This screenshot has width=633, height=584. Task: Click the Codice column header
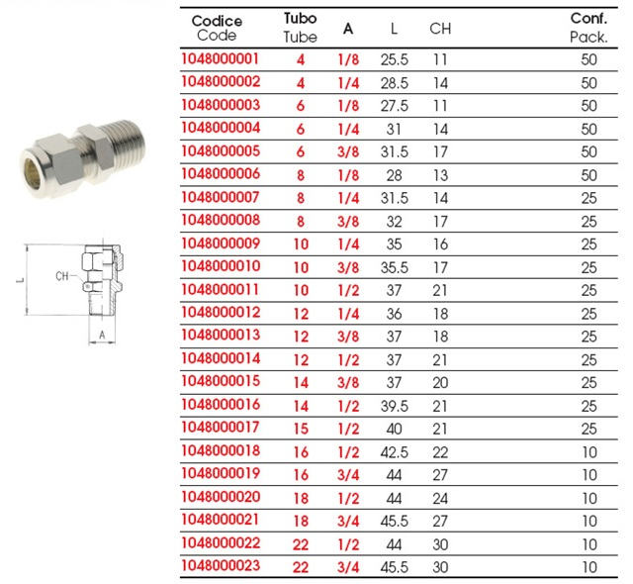pyautogui.click(x=217, y=28)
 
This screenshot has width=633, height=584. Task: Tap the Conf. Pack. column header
pyautogui.click(x=588, y=28)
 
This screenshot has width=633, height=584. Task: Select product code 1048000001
pyautogui.click(x=220, y=59)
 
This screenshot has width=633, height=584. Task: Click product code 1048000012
pyautogui.click(x=221, y=313)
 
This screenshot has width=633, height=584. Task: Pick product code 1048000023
pyautogui.click(x=221, y=566)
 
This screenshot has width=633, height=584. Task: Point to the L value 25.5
pyautogui.click(x=395, y=60)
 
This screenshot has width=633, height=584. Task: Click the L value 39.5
pyautogui.click(x=395, y=406)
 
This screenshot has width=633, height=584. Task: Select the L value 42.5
pyautogui.click(x=395, y=452)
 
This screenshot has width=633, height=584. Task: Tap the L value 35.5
pyautogui.click(x=395, y=268)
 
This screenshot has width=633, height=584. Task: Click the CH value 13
pyautogui.click(x=440, y=175)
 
